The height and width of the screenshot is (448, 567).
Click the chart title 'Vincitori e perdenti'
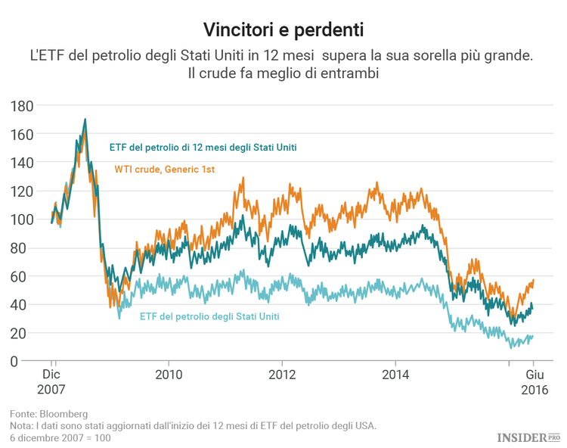(283, 30)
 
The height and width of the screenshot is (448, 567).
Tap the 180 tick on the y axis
(21, 106)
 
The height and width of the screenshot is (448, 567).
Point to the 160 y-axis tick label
(21, 134)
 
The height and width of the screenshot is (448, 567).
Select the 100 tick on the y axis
(21, 219)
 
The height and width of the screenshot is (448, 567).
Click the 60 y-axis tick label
(25, 276)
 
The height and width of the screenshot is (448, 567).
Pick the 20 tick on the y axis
(25, 333)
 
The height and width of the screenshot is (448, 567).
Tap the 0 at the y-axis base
(29, 362)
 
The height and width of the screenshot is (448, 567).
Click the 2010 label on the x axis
(169, 375)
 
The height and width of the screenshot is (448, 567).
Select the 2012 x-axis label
(282, 375)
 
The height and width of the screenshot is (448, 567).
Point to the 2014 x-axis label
(395, 375)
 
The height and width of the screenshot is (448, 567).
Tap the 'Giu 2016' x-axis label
(534, 382)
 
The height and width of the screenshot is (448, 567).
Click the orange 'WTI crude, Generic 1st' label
(165, 170)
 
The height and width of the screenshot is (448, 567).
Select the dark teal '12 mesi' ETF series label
(203, 147)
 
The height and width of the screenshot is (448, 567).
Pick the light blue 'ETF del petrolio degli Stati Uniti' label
(209, 316)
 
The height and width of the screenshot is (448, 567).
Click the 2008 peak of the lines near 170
(85, 120)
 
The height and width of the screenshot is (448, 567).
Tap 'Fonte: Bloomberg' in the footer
(49, 414)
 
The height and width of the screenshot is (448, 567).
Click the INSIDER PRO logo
(528, 437)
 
